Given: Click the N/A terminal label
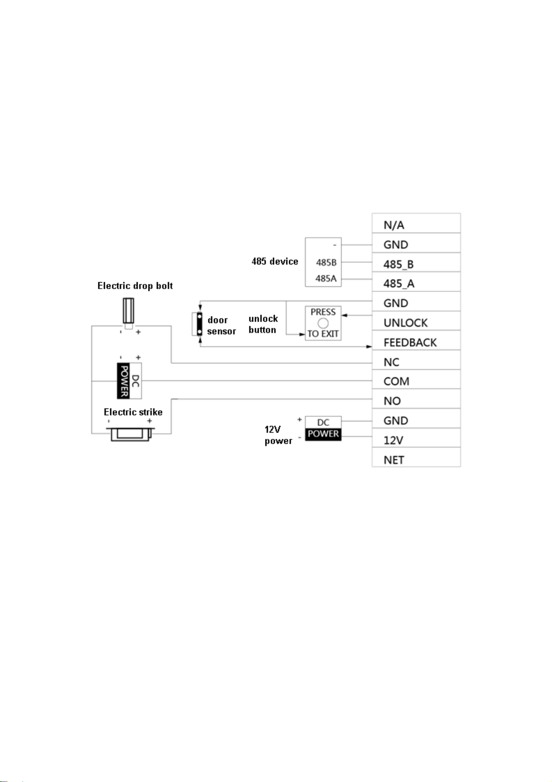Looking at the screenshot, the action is click(393, 225).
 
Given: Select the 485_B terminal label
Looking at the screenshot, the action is click(398, 265).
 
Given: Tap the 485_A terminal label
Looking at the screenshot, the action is click(399, 284).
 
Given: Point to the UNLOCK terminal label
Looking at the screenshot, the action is click(405, 323).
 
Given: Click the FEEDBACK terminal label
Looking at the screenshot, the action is click(410, 343).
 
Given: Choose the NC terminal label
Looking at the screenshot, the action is click(391, 362).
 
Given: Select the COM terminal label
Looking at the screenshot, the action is click(396, 381).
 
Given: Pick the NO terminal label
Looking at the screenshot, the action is click(392, 401).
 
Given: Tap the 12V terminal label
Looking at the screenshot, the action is click(393, 440).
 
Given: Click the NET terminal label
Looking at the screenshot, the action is click(393, 460).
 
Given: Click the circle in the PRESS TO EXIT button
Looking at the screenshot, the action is click(323, 323).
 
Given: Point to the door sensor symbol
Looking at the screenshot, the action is click(198, 324).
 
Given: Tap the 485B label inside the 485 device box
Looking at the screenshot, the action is click(326, 263).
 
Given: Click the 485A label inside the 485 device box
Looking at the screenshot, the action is click(326, 278).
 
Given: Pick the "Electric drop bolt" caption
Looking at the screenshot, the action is click(135, 286).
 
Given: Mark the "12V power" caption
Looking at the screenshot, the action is click(278, 435).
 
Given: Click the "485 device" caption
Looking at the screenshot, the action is click(275, 261).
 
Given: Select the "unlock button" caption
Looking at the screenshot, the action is click(263, 324).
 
